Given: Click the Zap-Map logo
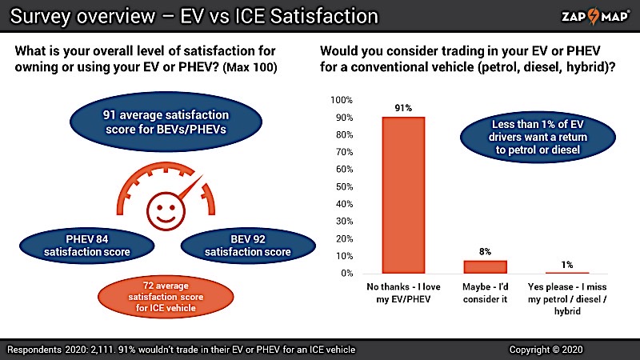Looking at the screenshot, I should pos(590,15).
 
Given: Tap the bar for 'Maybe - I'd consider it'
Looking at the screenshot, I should pos(486,266).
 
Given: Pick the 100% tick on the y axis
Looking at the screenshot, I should pos(342,100).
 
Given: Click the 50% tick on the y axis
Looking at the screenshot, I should pos(344,186).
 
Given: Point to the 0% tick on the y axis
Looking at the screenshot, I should pos(346,274).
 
